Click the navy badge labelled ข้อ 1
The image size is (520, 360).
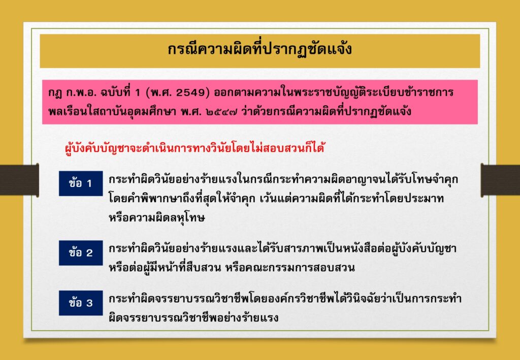click(x=81, y=183)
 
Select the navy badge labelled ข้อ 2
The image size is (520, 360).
click(x=81, y=253)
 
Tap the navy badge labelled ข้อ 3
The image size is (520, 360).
click(x=81, y=303)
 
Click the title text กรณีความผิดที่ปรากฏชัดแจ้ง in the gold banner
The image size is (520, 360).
click(x=259, y=50)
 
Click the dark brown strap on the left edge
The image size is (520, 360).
click(x=19, y=180)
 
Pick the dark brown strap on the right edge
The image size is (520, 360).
click(x=500, y=180)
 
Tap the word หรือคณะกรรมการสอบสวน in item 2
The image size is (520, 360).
click(x=289, y=268)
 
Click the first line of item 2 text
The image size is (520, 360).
click(x=282, y=249)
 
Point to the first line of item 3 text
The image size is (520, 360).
click(x=285, y=299)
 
